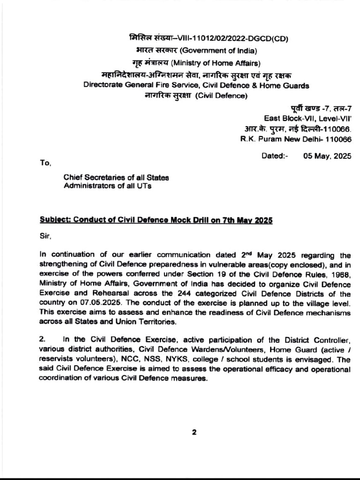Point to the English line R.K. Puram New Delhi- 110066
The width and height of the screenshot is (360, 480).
pos(296,139)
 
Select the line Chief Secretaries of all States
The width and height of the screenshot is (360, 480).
pos(116,178)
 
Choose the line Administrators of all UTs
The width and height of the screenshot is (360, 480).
pos(107,186)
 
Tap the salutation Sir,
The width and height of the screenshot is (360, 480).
pos(45,237)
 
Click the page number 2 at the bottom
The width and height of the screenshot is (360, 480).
pos(193,433)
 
